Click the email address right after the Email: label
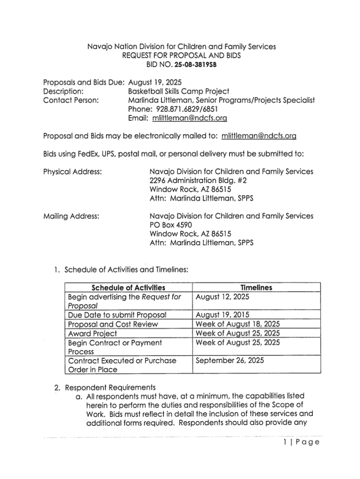click(190, 119)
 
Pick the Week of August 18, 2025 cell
click(238, 324)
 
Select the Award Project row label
click(93, 334)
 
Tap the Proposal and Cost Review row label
click(113, 324)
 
